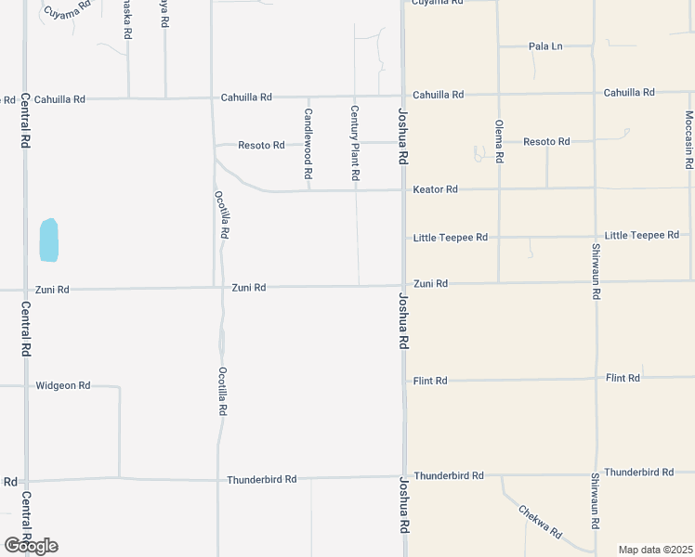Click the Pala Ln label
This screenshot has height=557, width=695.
[x=545, y=46]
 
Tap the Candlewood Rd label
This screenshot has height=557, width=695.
[x=308, y=143]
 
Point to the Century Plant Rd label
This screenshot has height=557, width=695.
[x=354, y=143]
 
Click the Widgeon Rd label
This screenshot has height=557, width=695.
[x=62, y=385]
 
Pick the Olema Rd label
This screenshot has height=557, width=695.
[x=499, y=141]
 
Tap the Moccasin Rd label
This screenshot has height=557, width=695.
[x=688, y=139]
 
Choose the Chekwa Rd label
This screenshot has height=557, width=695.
[x=540, y=522]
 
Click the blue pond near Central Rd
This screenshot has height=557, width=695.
[x=48, y=240]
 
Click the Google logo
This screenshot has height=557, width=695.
[x=30, y=546]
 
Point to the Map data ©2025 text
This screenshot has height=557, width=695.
[x=655, y=550]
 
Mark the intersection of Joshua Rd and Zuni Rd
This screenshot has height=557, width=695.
[x=403, y=285]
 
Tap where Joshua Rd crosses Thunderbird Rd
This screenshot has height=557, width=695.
[x=403, y=476]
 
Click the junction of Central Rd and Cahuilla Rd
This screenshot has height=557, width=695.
[x=25, y=98]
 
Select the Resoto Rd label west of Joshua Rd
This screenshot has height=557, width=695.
[x=261, y=145]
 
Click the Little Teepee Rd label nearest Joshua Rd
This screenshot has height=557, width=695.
[x=451, y=238]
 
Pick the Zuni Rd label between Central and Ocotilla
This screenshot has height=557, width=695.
[x=52, y=290]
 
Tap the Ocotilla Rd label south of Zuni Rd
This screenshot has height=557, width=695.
[x=222, y=390]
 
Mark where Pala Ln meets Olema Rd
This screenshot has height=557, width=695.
[x=498, y=45]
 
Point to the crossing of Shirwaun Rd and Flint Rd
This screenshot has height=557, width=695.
[x=595, y=379]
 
